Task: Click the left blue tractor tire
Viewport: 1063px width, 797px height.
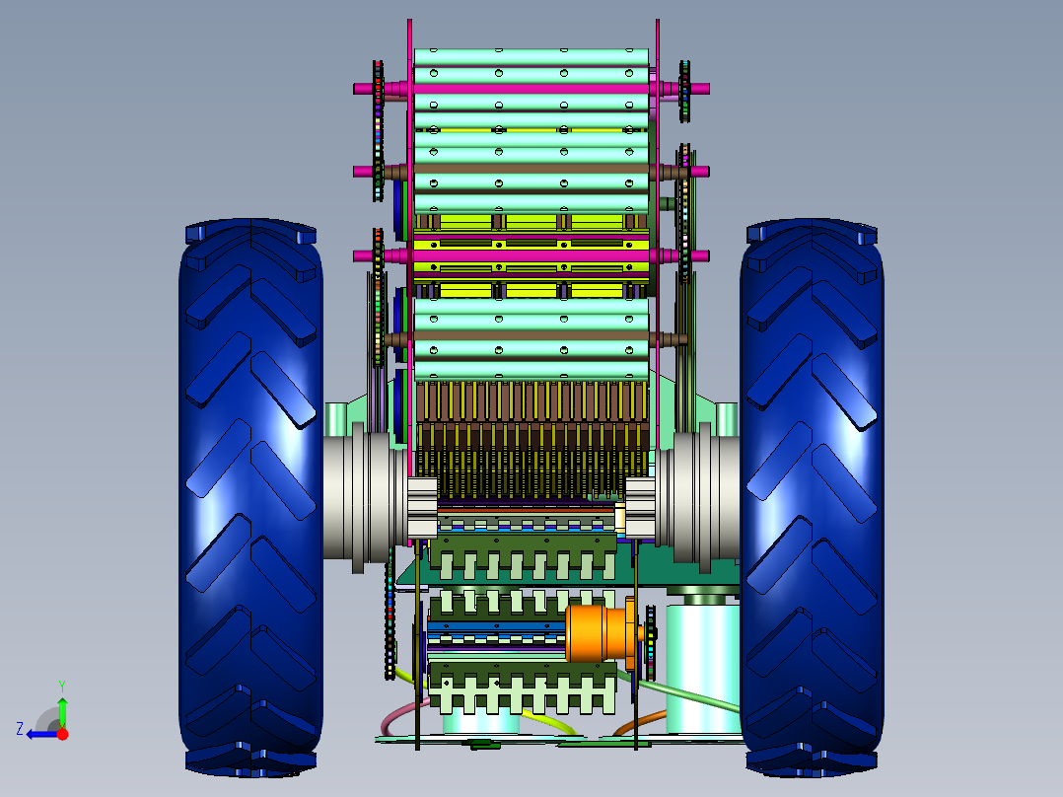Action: (x=250, y=498)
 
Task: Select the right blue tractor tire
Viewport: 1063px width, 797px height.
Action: (x=812, y=498)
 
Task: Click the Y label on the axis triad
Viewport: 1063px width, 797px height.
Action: (x=62, y=686)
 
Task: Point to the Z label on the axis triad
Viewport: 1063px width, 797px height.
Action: (x=20, y=729)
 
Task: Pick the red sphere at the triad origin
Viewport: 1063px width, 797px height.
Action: (x=62, y=733)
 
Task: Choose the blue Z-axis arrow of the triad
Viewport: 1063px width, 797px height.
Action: (x=42, y=734)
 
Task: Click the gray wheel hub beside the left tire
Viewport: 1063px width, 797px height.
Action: (x=358, y=498)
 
